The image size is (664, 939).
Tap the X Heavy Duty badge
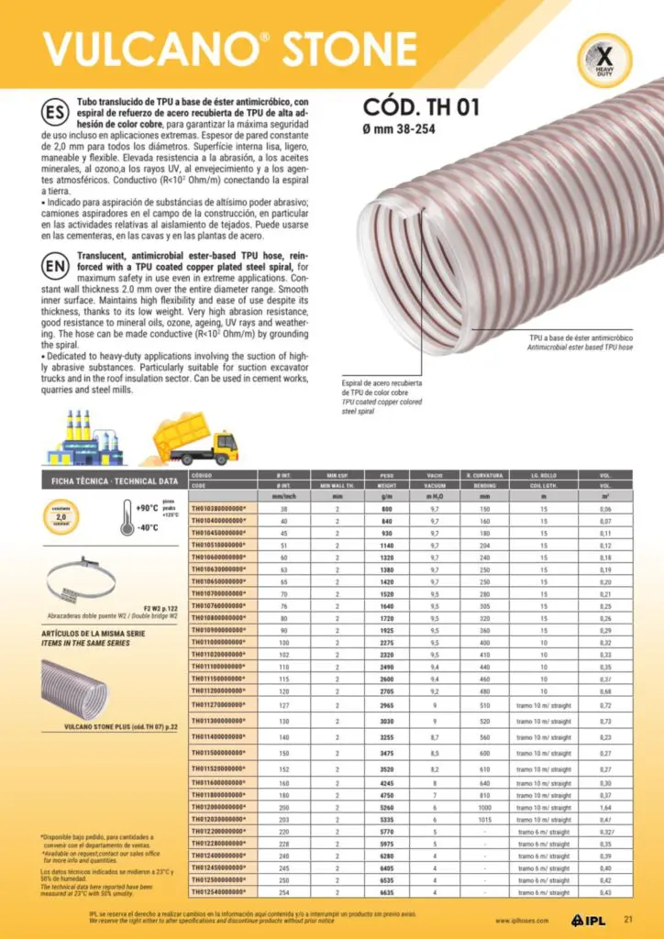pos(603,60)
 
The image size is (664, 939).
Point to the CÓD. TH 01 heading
pos(421,107)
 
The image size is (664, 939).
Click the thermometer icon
pos(127,518)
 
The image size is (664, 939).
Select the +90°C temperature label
pos(147,507)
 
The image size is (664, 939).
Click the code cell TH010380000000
pos(218,508)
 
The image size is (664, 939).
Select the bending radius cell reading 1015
pos(484,820)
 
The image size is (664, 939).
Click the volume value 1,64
pos(604,807)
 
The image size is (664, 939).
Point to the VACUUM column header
pos(435,485)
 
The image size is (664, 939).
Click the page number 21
pos(628,920)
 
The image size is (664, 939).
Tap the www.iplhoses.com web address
pos(522,921)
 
